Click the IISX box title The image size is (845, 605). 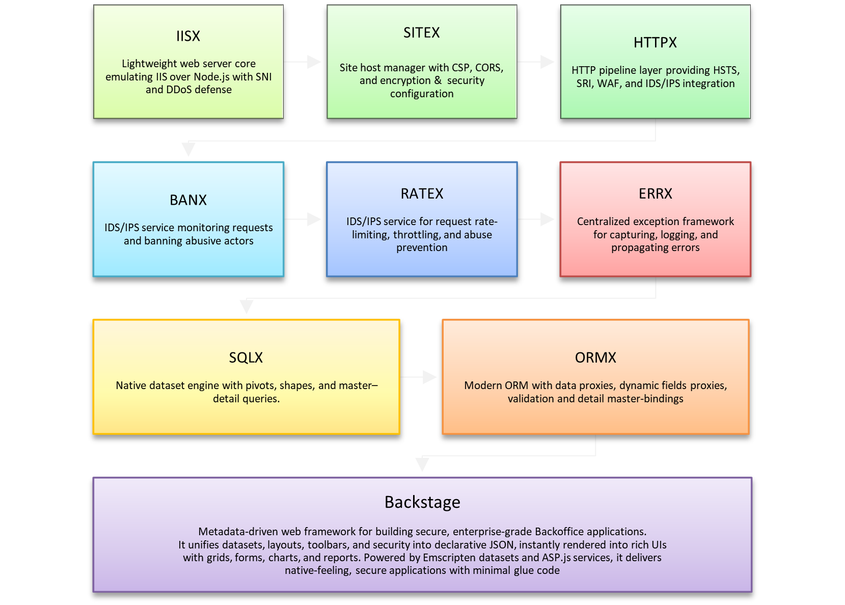click(x=188, y=36)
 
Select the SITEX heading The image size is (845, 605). click(x=421, y=33)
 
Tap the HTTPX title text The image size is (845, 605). click(x=655, y=42)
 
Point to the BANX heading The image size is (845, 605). click(x=188, y=200)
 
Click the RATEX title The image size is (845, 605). click(x=422, y=194)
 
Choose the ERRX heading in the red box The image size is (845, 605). click(x=655, y=194)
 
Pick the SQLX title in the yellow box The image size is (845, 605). click(x=246, y=358)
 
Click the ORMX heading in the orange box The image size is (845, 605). click(x=595, y=358)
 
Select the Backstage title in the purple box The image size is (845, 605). click(x=422, y=502)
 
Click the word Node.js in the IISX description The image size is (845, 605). click(x=211, y=77)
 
